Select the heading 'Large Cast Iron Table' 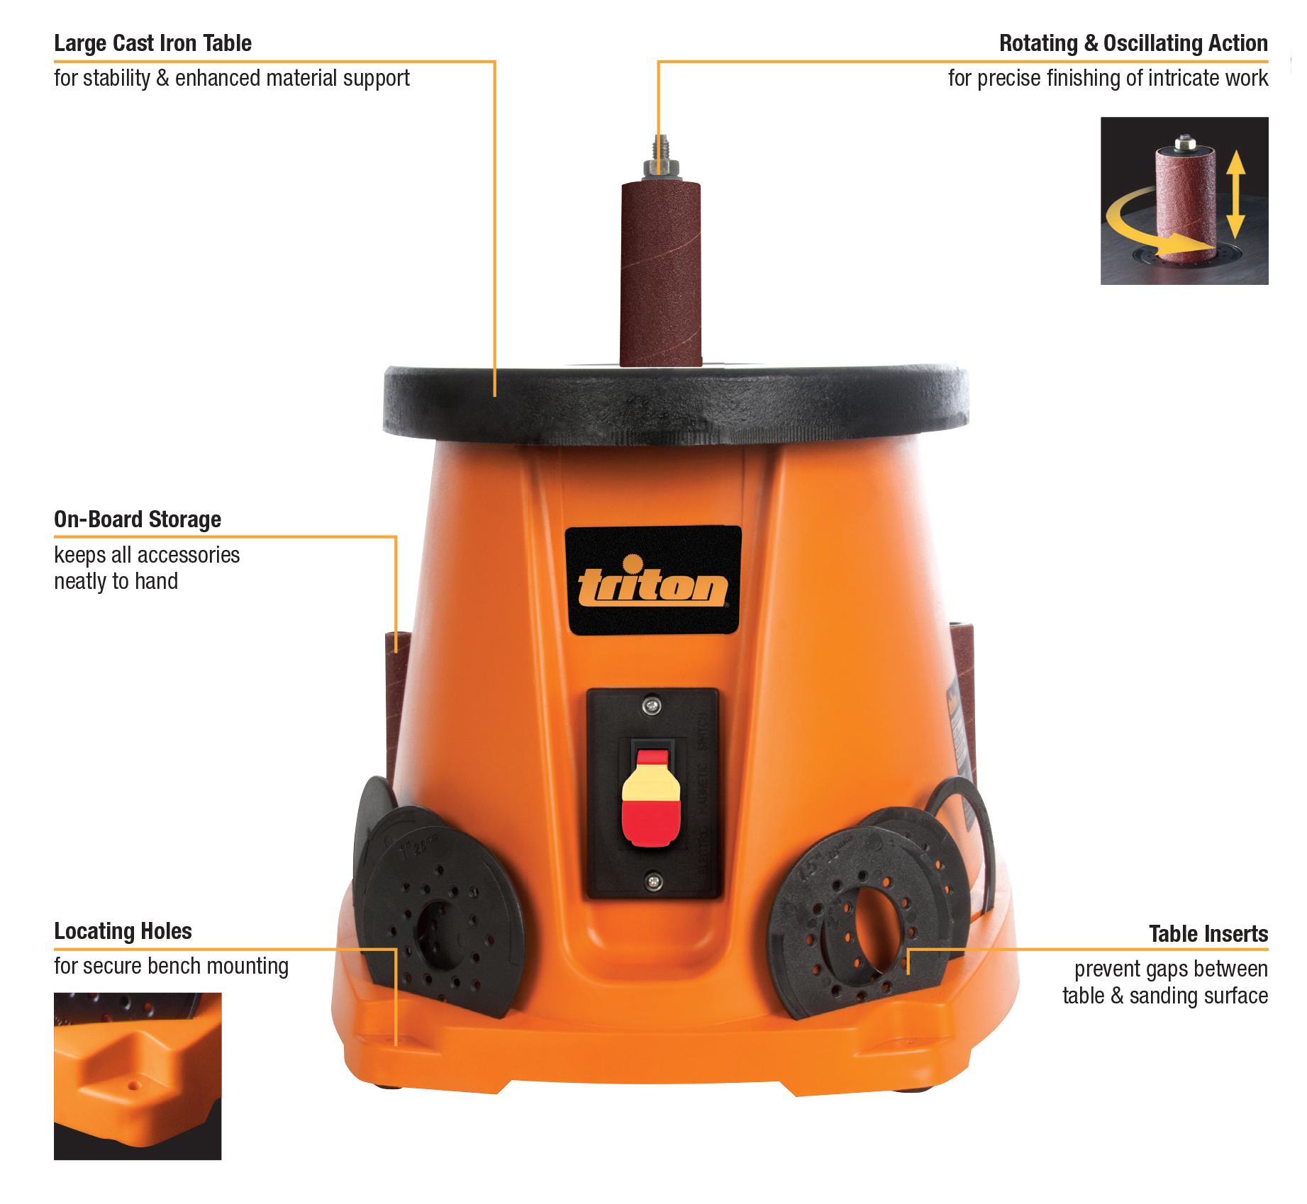pos(152,43)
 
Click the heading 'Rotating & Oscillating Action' pos(1133,43)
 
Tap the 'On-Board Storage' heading pos(138,519)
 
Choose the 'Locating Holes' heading pos(123,930)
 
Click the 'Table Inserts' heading pos(1208,934)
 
